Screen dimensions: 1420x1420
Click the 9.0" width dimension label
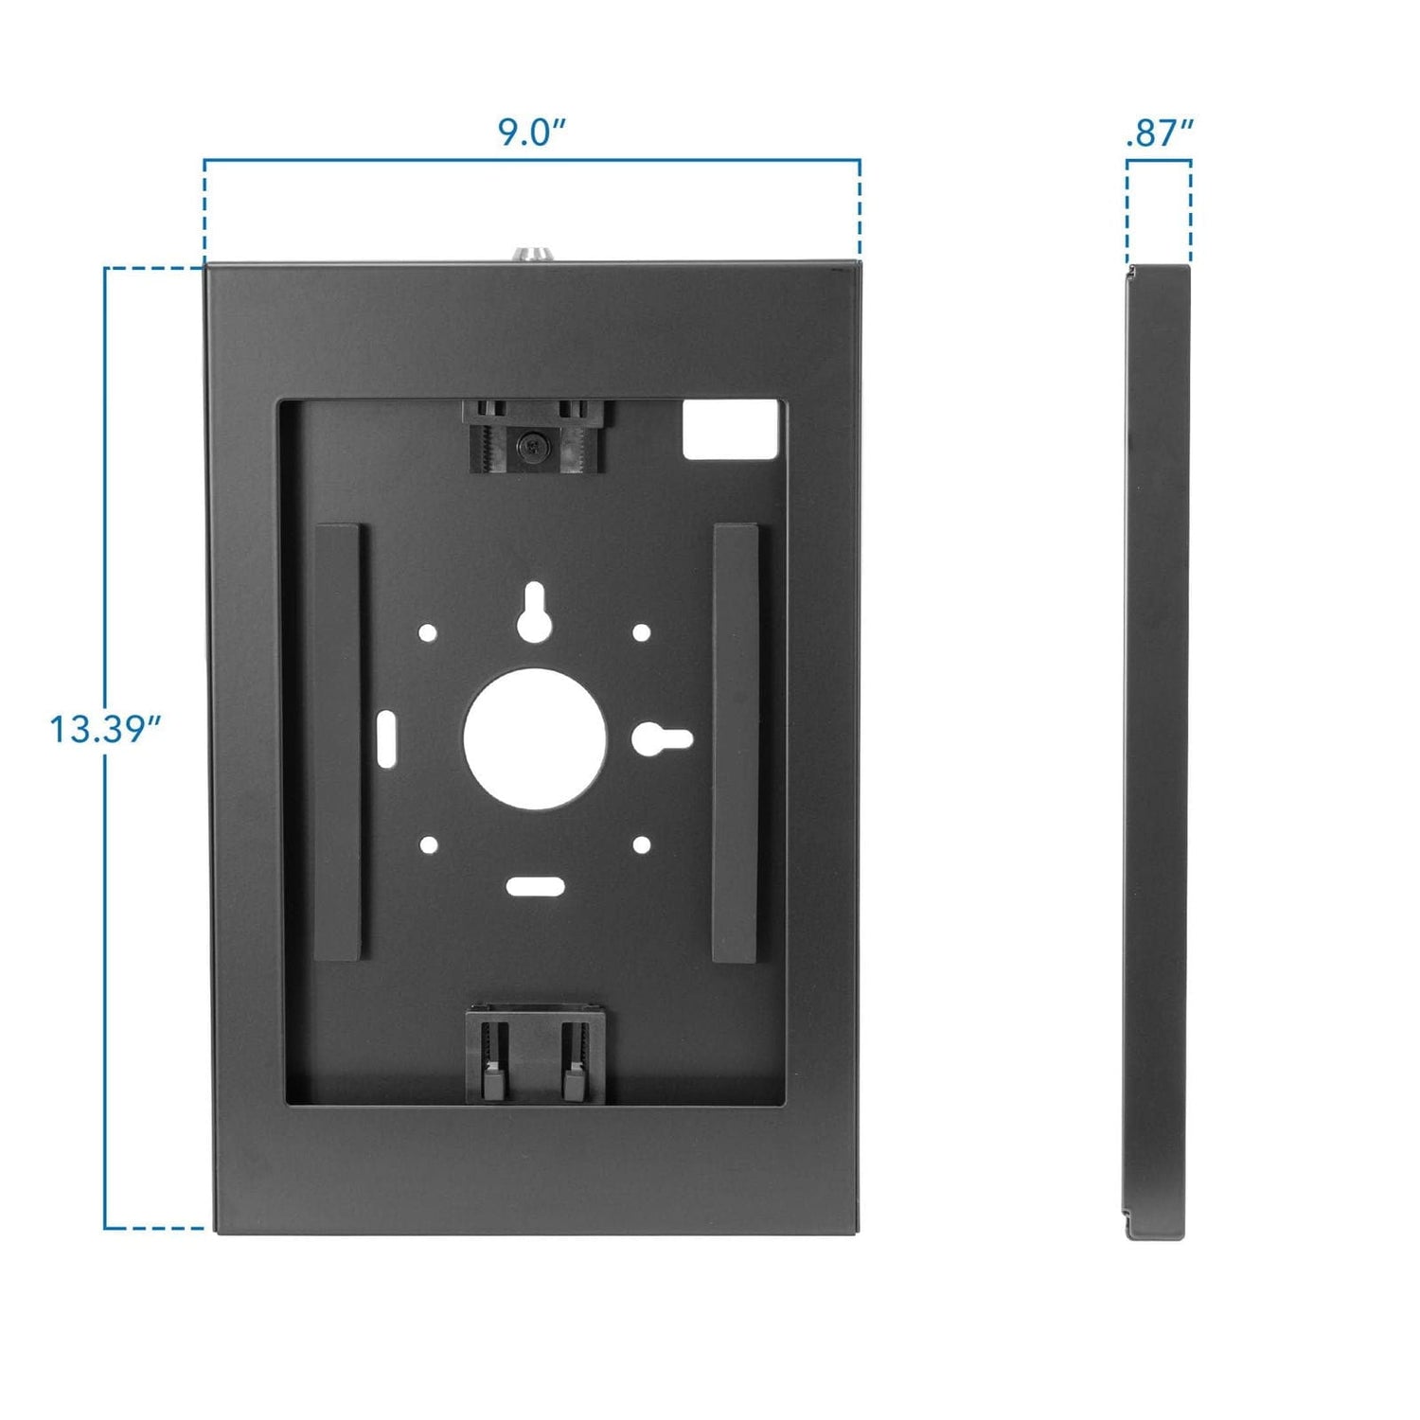click(532, 132)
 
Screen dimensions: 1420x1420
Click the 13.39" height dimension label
click(105, 729)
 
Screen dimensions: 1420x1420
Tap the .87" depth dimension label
click(1159, 133)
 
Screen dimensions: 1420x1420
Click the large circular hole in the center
click(534, 738)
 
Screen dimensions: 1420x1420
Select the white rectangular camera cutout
click(731, 430)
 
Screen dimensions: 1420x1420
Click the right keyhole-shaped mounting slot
click(662, 739)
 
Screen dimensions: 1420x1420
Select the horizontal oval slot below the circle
click(535, 887)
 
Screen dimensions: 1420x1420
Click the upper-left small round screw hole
click(428, 632)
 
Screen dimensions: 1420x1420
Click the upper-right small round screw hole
click(641, 632)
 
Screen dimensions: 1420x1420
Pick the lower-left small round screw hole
click(428, 844)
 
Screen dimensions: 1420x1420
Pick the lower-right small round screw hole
click(641, 844)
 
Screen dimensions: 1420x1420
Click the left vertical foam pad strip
click(336, 742)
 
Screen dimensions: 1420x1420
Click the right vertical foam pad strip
click(736, 742)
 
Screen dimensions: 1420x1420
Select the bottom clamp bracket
click(535, 1056)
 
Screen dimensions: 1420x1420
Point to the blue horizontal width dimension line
click(532, 159)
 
